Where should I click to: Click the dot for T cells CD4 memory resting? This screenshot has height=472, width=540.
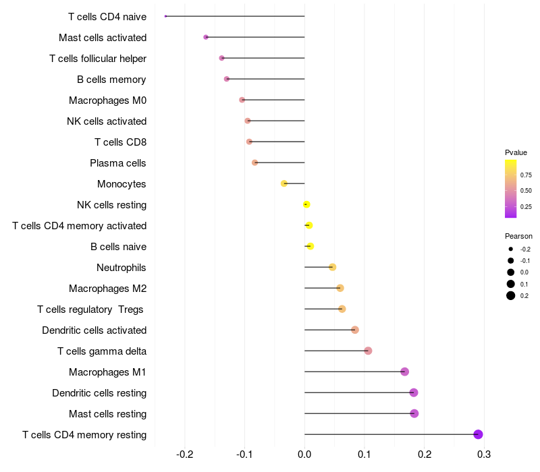point(478,434)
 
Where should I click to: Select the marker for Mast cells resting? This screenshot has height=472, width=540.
point(414,413)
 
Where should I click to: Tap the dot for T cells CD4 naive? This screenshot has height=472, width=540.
point(165,16)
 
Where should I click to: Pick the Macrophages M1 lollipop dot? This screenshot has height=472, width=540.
point(404,372)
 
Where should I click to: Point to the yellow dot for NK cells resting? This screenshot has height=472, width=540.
point(306,204)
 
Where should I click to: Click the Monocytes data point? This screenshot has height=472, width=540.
point(284,183)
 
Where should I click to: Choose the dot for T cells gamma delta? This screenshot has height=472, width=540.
point(368,351)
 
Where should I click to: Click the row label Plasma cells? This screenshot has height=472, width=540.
point(118,163)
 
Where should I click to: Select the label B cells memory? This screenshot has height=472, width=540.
point(111,80)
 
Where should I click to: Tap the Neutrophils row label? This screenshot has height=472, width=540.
point(122,268)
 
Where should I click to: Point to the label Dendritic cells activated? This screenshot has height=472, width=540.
point(94,330)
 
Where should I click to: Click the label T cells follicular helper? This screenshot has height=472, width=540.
point(98,59)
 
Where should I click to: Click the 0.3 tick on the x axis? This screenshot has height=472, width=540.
point(483,454)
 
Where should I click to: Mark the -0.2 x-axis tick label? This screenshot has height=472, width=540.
point(185,454)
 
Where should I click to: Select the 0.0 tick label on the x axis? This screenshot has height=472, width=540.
point(304,454)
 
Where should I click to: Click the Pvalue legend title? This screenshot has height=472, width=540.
point(516,152)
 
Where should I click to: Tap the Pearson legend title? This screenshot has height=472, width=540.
point(518,237)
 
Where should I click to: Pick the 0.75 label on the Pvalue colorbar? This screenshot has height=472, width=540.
point(526,175)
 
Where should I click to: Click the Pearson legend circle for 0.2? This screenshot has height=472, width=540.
point(511,295)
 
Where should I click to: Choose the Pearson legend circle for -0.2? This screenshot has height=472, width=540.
point(511,249)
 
